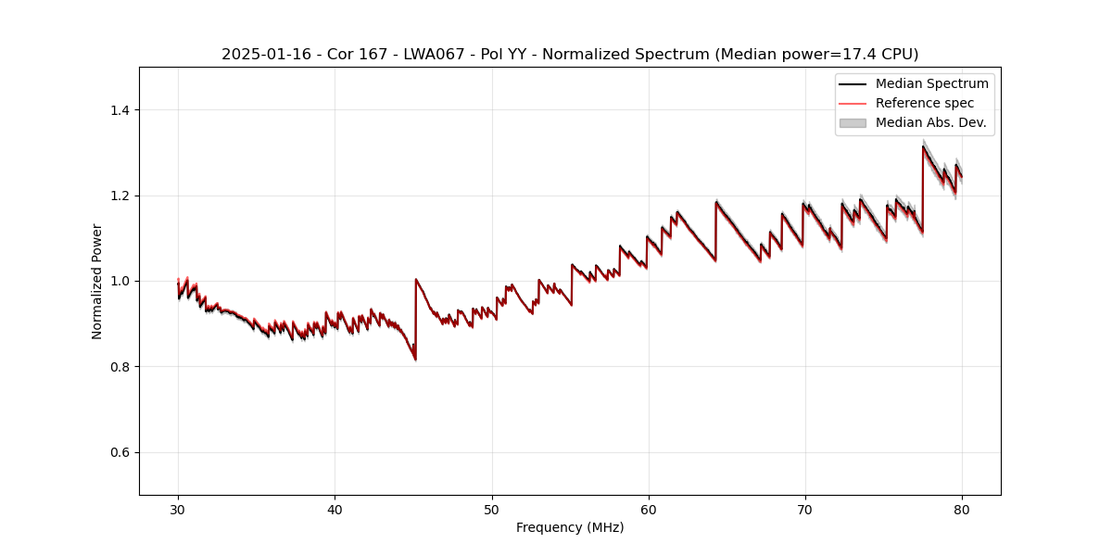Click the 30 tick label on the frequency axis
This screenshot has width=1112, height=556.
(178, 509)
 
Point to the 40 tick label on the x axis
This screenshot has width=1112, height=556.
(335, 509)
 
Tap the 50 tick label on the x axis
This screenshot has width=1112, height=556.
(492, 509)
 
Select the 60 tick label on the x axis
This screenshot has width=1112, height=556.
(649, 509)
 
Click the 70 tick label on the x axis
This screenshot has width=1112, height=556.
(805, 509)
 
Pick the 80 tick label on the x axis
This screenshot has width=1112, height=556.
(962, 509)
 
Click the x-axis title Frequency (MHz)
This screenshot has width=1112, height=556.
(570, 527)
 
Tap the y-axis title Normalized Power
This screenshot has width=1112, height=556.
(96, 281)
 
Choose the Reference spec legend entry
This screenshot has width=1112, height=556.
(924, 103)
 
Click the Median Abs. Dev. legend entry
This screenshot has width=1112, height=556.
(930, 122)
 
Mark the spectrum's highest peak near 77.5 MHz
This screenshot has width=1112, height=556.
(923, 146)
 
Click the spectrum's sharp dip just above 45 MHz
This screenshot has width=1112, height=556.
(415, 359)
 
